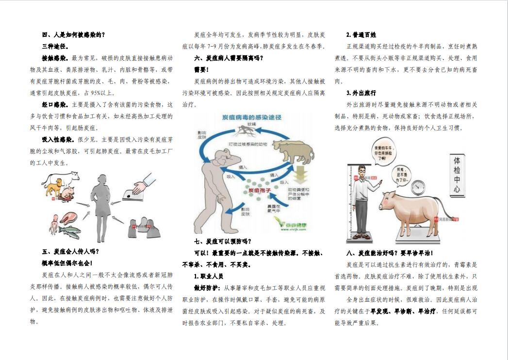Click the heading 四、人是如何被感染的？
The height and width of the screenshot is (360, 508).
click(73, 34)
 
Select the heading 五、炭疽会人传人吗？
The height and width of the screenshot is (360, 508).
click(70, 251)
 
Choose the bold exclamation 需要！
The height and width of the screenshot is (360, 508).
click(201, 69)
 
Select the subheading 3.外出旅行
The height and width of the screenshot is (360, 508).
click(361, 93)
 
